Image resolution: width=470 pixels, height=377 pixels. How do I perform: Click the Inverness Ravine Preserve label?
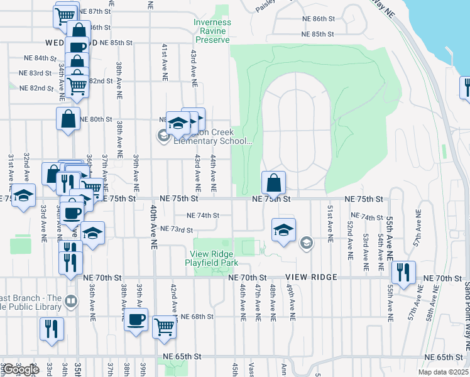(212, 31)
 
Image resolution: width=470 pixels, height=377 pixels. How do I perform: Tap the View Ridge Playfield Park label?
(214, 258)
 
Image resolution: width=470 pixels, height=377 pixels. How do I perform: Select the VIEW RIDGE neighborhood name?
(311, 277)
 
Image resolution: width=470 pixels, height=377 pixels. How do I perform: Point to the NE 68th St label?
(197, 317)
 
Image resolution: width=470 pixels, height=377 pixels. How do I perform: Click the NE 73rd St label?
(177, 229)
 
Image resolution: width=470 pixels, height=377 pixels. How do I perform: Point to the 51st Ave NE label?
(329, 223)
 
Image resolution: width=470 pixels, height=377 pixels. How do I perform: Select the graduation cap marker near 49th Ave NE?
(283, 230)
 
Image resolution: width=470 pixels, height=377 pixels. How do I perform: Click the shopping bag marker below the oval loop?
(273, 184)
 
